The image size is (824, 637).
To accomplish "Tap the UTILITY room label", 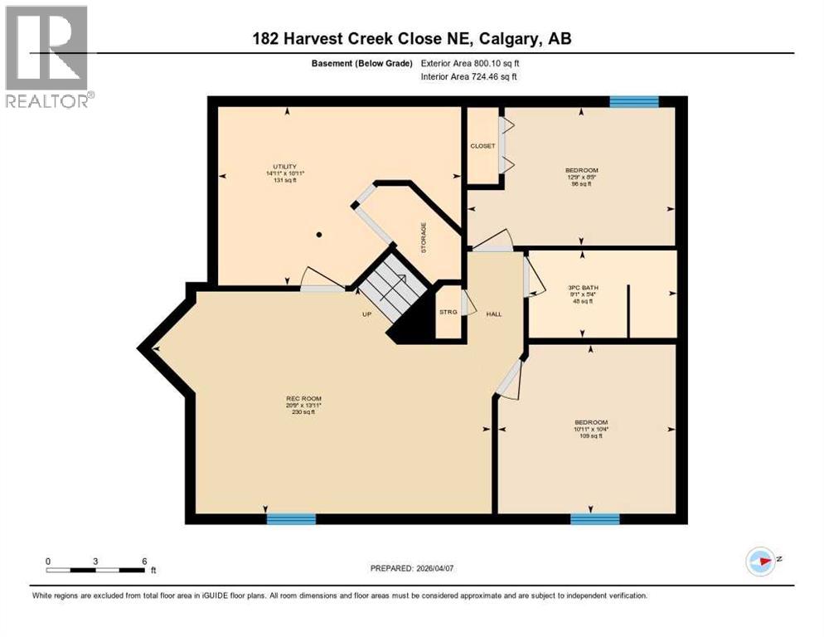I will point(285,167).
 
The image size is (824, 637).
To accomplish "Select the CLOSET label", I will point(482,146).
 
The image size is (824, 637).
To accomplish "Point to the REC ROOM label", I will point(302,399).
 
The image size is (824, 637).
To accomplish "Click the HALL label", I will point(494,313).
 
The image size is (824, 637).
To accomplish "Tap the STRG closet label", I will point(448,312).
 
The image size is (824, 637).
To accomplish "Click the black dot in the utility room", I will point(319,235).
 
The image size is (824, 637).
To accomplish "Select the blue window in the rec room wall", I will point(291,519).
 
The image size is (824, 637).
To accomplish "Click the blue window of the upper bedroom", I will point(634,101).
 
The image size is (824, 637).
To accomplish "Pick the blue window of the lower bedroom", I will point(594,519).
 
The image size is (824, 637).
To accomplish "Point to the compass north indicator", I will point(760,561).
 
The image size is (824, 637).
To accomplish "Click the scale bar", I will point(96,570).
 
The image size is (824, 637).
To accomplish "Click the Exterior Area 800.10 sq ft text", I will point(470,63).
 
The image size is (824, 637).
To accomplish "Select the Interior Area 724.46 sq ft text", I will point(469,77).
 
